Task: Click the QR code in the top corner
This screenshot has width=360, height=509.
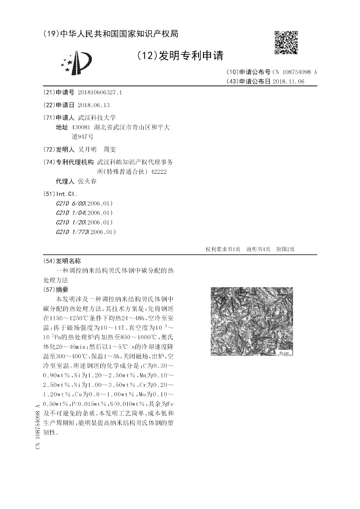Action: [286, 42]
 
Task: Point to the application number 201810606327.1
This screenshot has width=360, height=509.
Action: [100, 92]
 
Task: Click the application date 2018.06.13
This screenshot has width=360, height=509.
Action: [94, 105]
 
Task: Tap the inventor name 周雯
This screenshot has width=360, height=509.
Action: [110, 149]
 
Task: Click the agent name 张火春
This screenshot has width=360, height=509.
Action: [87, 181]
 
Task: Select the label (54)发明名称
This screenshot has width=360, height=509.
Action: [62, 261]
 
